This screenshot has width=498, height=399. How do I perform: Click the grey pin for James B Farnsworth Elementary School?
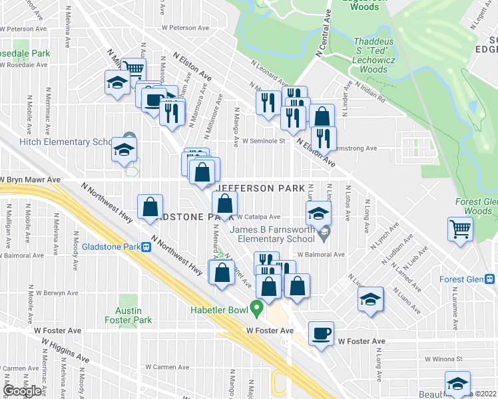tap(324, 232)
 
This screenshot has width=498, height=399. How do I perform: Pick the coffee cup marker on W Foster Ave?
tap(321, 334)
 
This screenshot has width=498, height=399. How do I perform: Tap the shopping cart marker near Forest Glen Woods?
tap(460, 230)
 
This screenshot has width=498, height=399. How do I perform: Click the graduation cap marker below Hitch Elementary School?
tap(124, 151)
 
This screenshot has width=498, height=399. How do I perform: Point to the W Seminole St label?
tap(263, 141)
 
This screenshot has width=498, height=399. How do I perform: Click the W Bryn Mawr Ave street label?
tap(32, 180)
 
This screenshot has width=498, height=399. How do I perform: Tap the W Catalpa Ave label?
tap(259, 217)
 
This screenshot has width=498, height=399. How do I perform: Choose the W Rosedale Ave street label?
tap(24, 65)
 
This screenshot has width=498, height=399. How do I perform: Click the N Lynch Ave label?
tap(384, 235)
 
